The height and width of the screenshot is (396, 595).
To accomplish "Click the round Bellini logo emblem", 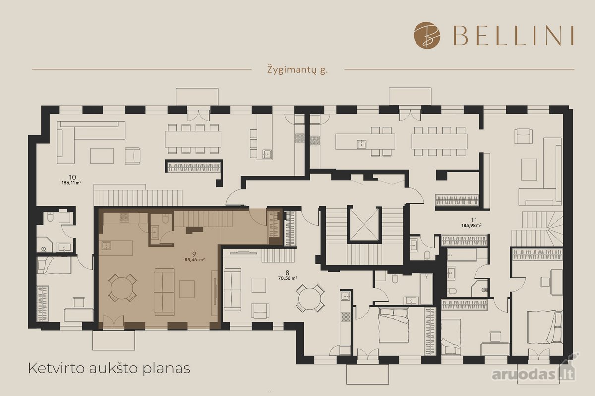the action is [x=427, y=35].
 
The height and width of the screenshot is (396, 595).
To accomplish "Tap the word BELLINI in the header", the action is [x=513, y=36].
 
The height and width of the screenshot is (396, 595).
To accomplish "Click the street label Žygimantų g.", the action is [x=297, y=70].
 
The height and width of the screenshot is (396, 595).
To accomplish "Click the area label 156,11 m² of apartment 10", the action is [x=71, y=183].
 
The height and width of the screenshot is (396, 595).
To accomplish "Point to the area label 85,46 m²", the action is [x=195, y=260].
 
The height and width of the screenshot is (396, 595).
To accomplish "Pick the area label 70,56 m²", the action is [x=287, y=278].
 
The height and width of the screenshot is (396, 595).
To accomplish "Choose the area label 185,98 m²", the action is [x=472, y=225].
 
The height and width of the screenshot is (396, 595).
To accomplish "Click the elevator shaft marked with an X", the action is [x=364, y=224].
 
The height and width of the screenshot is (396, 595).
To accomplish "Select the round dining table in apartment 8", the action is [x=310, y=298].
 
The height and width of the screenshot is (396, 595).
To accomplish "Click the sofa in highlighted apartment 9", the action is [x=164, y=292].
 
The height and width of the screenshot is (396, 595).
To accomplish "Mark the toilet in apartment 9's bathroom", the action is [x=166, y=219].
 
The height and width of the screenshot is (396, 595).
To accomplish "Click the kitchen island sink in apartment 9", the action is [x=106, y=246].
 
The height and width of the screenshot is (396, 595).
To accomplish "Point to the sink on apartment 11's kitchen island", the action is [x=361, y=144].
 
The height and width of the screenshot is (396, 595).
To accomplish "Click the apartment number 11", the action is [x=474, y=220].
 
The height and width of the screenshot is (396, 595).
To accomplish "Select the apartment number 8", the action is [x=287, y=272].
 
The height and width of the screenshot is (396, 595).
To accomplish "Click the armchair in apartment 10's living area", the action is [x=133, y=156].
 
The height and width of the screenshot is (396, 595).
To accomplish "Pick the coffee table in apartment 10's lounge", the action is [x=102, y=156].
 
